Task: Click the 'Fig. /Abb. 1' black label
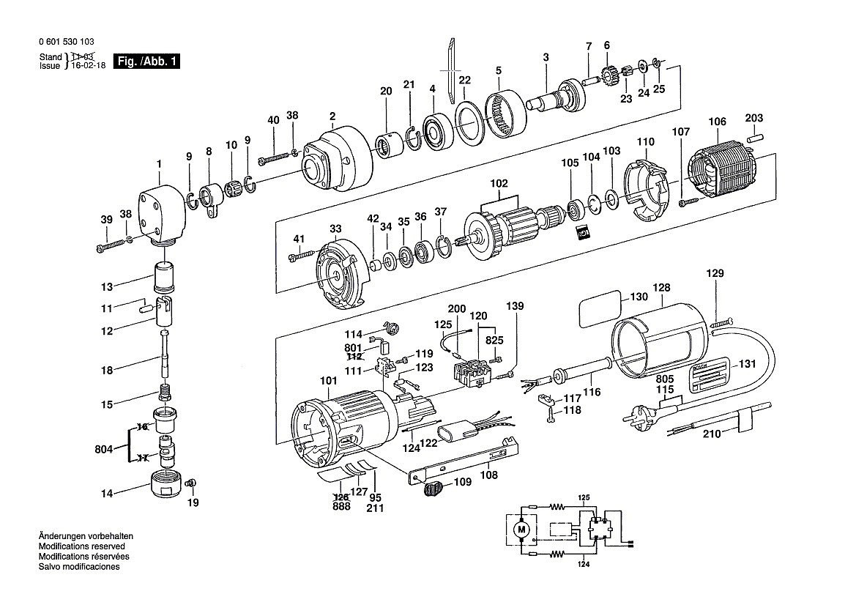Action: click(146, 62)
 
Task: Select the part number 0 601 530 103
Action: click(66, 42)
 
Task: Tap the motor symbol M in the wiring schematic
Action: click(521, 528)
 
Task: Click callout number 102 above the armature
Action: click(499, 184)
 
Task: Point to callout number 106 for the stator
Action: click(717, 122)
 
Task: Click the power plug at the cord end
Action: click(637, 417)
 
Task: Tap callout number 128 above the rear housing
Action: click(661, 288)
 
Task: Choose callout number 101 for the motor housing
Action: click(328, 381)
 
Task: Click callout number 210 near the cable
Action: click(712, 434)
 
